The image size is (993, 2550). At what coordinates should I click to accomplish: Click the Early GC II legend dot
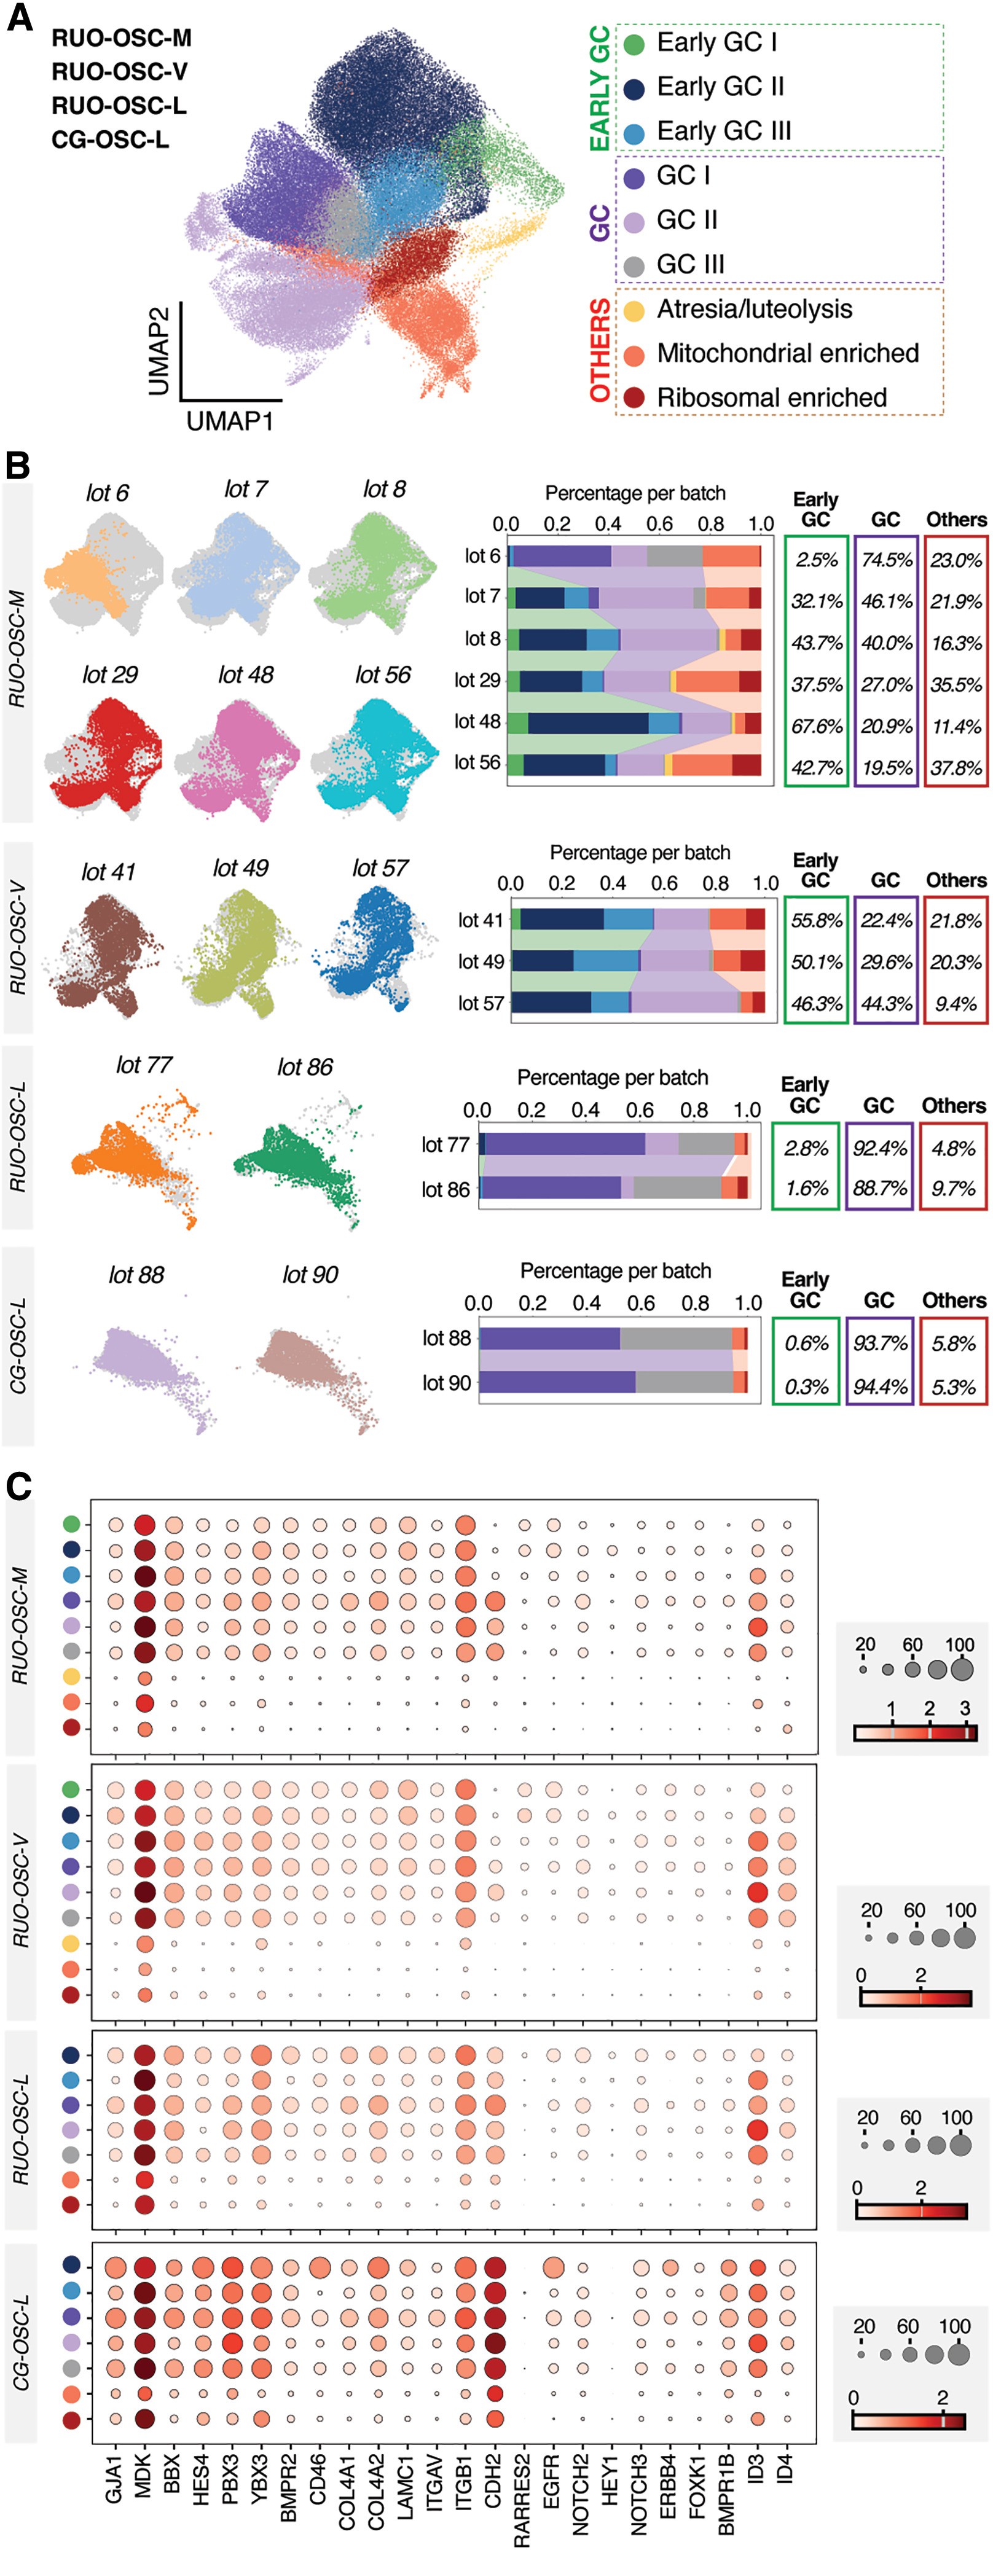(x=635, y=88)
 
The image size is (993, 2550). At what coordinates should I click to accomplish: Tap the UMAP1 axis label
(x=230, y=421)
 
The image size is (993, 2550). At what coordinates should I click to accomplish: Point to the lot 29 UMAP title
(x=110, y=675)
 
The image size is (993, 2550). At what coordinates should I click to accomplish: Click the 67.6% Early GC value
(x=816, y=727)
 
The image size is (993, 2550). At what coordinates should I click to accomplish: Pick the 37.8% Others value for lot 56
(x=956, y=768)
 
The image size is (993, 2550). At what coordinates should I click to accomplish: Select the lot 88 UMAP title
(x=136, y=1275)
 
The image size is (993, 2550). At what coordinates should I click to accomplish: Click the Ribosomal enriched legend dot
(x=635, y=398)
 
